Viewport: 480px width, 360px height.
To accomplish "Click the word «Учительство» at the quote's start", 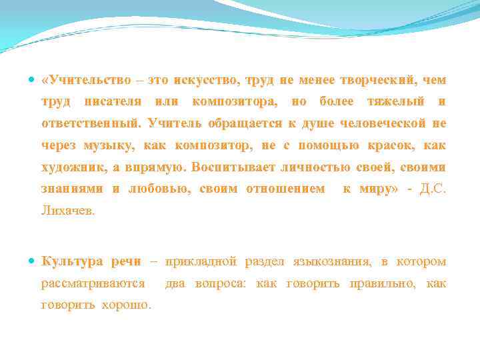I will click(x=89, y=80).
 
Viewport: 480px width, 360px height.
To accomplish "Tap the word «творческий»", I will click(x=377, y=80).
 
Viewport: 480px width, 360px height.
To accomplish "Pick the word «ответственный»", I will click(x=91, y=123).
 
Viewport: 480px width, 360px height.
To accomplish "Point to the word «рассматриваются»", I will click(x=93, y=283).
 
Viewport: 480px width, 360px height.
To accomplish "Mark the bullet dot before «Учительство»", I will click(x=33, y=80).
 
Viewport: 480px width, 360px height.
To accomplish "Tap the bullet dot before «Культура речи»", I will click(x=33, y=261).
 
